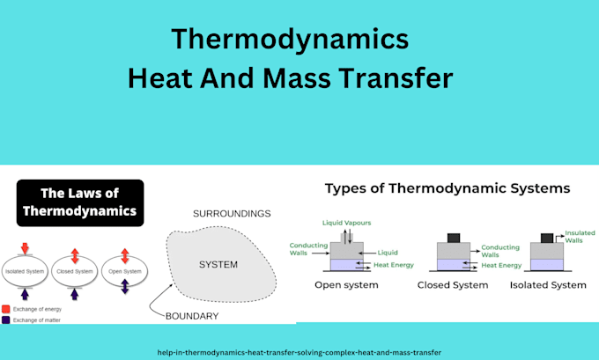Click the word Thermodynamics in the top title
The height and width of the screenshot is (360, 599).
click(290, 39)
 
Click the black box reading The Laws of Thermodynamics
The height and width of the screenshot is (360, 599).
click(80, 202)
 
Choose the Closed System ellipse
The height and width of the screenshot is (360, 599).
click(75, 271)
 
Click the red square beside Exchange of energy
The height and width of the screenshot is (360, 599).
click(6, 309)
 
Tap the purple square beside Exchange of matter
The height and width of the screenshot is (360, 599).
click(6, 320)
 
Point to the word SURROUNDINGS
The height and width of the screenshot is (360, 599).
click(232, 213)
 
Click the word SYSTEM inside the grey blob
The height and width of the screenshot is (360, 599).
click(219, 264)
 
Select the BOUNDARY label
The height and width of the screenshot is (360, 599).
click(192, 315)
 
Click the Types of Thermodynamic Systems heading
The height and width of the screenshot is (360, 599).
click(447, 188)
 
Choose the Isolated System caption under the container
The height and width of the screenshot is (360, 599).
click(548, 285)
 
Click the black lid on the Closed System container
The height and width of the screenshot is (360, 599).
click(455, 238)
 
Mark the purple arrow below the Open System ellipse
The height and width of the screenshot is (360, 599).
click(125, 288)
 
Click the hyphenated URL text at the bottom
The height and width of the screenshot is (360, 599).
click(299, 351)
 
